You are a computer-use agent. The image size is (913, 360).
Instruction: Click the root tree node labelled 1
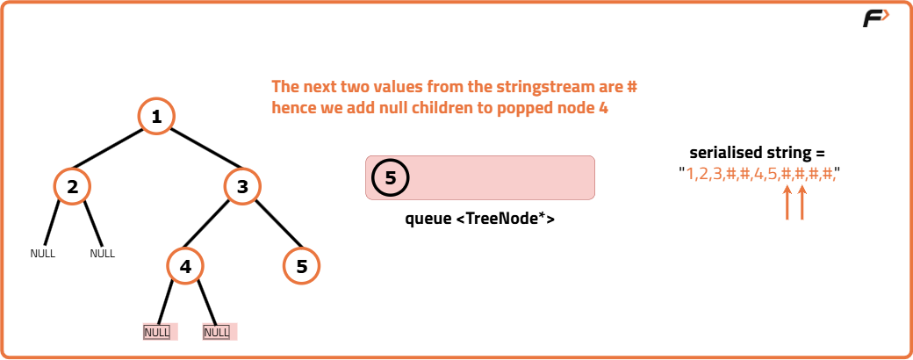pos(156,117)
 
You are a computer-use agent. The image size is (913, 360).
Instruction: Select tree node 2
pos(72,186)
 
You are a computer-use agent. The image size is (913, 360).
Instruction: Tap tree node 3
pos(242,186)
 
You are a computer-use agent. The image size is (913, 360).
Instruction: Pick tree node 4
pos(185,266)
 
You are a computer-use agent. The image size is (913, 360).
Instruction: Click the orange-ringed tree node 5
pos(302,266)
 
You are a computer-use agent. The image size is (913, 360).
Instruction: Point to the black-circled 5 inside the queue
pos(390,177)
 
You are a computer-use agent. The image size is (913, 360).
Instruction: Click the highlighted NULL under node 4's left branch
pos(156,333)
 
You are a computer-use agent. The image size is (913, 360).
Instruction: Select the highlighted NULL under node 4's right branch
pos(217,333)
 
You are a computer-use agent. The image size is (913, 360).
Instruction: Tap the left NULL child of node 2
pos(42,254)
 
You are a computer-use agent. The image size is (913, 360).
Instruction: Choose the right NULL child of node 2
pos(103,254)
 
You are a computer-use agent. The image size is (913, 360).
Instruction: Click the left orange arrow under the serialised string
pos(787,203)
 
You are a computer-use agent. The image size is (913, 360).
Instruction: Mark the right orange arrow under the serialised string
pos(802,203)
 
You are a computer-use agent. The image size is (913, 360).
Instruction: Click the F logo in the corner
pos(876,18)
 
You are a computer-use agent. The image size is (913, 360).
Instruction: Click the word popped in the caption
pos(523,109)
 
